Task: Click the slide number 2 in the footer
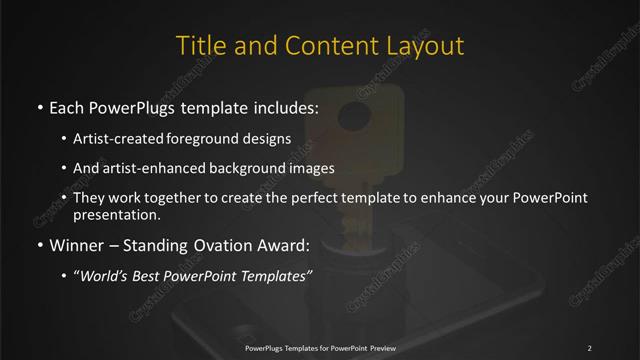click(x=589, y=348)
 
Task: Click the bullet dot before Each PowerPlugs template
click(x=39, y=105)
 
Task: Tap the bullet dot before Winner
click(x=39, y=242)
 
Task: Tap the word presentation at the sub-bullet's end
click(x=117, y=214)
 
